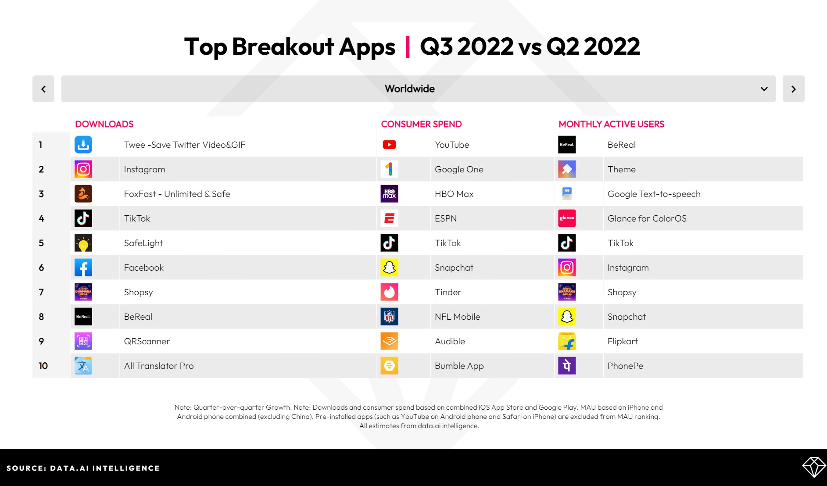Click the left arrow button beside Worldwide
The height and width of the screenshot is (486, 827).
(x=43, y=89)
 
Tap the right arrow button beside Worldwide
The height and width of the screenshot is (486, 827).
(x=793, y=89)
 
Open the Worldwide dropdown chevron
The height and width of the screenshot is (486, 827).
(x=764, y=89)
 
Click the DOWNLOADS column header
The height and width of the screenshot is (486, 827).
(x=104, y=124)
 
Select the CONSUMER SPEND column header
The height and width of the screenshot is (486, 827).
(x=421, y=124)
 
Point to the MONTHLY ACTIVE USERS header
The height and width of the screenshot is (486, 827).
(x=611, y=124)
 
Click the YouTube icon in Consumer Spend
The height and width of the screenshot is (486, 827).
(x=389, y=145)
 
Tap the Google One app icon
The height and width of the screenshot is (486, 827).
(x=389, y=169)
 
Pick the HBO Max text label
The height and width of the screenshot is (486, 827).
(x=454, y=194)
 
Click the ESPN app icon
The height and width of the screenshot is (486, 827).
(x=389, y=218)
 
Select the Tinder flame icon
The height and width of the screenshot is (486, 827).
(x=389, y=292)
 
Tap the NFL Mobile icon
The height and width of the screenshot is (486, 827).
(x=389, y=317)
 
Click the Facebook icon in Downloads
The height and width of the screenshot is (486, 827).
(x=83, y=268)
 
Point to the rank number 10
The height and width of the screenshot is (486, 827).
(x=43, y=366)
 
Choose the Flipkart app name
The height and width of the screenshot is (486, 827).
(x=623, y=341)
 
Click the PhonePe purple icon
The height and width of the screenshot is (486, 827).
(x=567, y=366)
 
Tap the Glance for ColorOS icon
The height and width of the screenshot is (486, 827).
(x=567, y=218)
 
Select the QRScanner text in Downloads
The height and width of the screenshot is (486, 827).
(x=147, y=341)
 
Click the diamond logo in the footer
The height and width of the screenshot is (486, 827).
(x=814, y=468)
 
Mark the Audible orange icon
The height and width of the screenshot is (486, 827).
(x=389, y=341)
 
